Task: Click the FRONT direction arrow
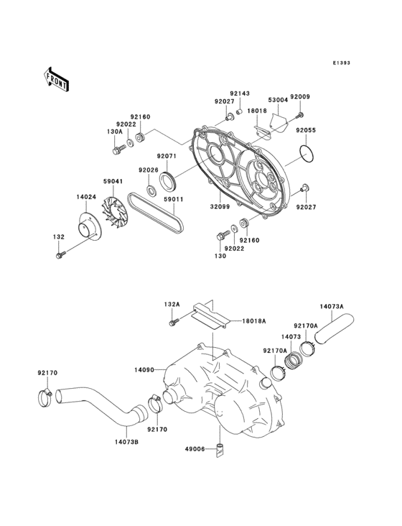57,78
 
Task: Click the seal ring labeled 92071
167,178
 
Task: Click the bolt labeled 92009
301,114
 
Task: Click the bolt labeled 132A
172,324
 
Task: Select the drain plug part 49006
221,451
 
